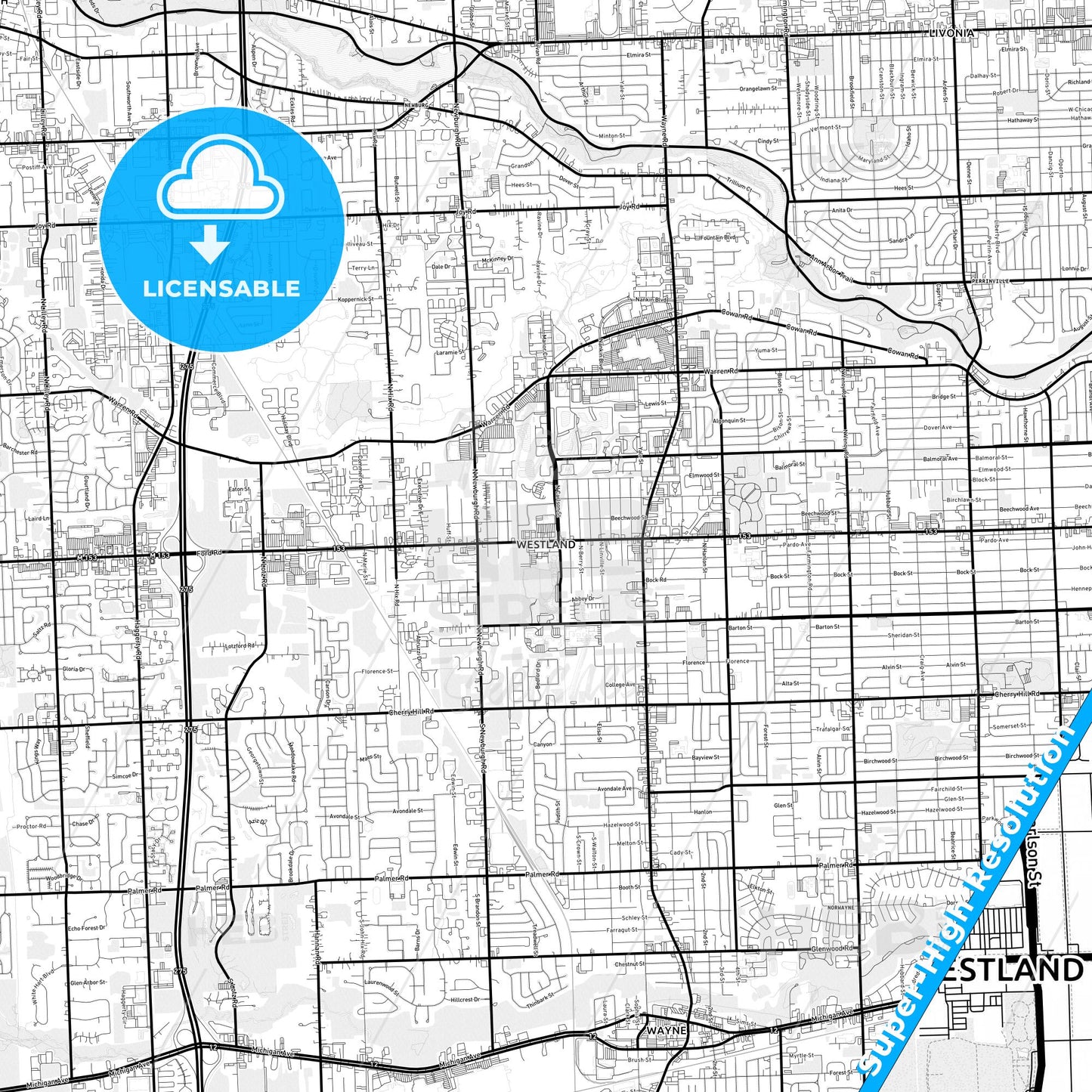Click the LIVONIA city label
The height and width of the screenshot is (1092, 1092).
click(x=951, y=33)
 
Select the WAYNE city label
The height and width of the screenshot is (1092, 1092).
click(x=666, y=1030)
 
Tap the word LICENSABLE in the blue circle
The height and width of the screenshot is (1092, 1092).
click(x=221, y=289)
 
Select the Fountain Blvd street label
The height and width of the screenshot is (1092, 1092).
click(x=717, y=237)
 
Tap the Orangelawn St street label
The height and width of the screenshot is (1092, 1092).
click(x=757, y=88)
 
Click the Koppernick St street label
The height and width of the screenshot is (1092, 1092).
click(x=356, y=299)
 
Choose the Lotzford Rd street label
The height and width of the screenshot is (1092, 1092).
click(x=240, y=646)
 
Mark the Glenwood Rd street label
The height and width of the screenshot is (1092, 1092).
click(x=831, y=948)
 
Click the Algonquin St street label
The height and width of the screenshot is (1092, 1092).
click(x=729, y=420)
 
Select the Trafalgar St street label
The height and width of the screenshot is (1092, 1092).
click(x=833, y=729)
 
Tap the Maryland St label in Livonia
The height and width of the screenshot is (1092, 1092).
click(x=871, y=160)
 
